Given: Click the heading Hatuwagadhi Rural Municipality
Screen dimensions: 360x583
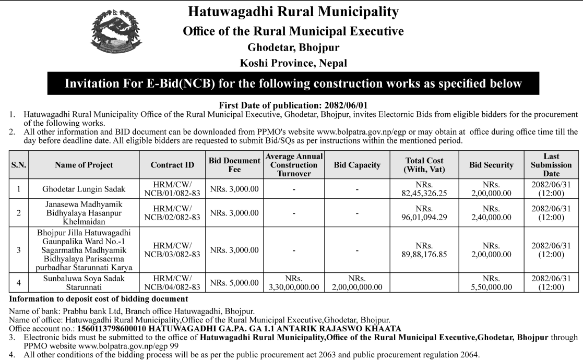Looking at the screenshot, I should pyautogui.click(x=293, y=11).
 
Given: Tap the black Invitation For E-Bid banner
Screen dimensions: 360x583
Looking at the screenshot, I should pyautogui.click(x=293, y=83).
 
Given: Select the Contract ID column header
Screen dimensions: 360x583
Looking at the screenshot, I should pyautogui.click(x=172, y=165).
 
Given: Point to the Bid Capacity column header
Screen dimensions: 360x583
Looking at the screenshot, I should pyautogui.click(x=357, y=165).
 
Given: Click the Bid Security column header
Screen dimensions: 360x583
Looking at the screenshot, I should pyautogui.click(x=491, y=165).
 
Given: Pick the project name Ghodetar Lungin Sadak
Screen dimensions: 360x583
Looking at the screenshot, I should pyautogui.click(x=84, y=188).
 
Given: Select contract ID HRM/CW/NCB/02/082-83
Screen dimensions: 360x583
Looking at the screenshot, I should pyautogui.click(x=172, y=212).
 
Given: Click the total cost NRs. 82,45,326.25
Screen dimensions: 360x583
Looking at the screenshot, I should pyautogui.click(x=424, y=188).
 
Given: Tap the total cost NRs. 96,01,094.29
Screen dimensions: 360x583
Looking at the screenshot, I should pyautogui.click(x=424, y=212).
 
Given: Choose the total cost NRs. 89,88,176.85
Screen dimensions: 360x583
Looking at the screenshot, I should pyautogui.click(x=424, y=250).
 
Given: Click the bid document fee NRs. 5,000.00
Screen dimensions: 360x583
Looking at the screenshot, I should pyautogui.click(x=234, y=283).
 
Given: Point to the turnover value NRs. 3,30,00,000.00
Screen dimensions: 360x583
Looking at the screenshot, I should pyautogui.click(x=294, y=283).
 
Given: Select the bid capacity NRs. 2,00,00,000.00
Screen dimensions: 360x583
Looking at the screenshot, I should pyautogui.click(x=357, y=283).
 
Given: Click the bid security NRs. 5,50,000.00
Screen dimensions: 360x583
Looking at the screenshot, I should pyautogui.click(x=491, y=283).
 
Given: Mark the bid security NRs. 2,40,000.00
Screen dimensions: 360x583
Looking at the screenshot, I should pyautogui.click(x=491, y=212).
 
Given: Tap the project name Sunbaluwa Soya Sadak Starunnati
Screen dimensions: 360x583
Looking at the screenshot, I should pyautogui.click(x=84, y=283).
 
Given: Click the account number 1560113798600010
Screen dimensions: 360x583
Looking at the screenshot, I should pyautogui.click(x=112, y=329).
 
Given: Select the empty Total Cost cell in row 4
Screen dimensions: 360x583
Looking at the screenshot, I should pyautogui.click(x=424, y=283).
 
